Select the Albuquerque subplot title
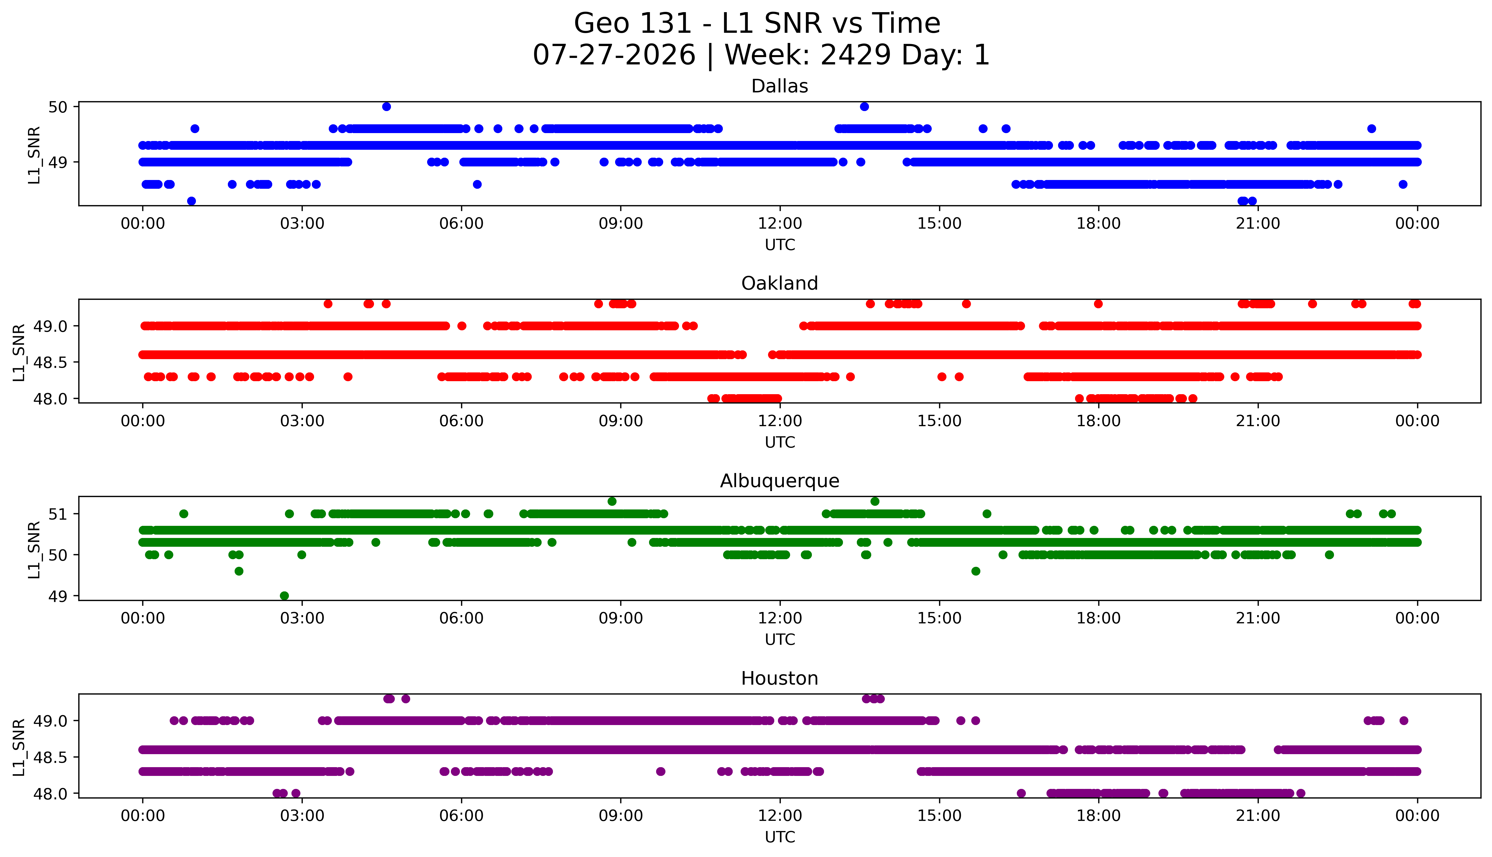pos(780,481)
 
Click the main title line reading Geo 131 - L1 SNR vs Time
pos(757,23)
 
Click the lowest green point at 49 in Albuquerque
pos(284,596)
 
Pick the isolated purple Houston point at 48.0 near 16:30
pos(1022,793)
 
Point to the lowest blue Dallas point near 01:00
pos(191,201)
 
